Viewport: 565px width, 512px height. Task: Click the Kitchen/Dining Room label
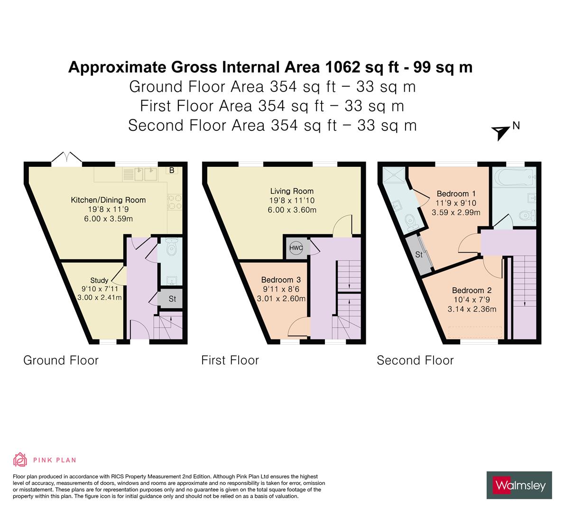[108, 200]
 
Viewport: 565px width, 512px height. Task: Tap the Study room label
[99, 280]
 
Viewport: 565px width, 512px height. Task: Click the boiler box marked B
[172, 171]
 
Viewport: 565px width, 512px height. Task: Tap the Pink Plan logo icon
[20, 459]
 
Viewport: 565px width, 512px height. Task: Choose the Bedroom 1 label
[456, 194]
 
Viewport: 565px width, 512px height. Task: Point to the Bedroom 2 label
[471, 291]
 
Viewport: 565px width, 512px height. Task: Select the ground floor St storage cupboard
[172, 299]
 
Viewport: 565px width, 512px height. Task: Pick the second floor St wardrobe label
[419, 255]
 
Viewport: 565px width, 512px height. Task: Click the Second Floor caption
[415, 361]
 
